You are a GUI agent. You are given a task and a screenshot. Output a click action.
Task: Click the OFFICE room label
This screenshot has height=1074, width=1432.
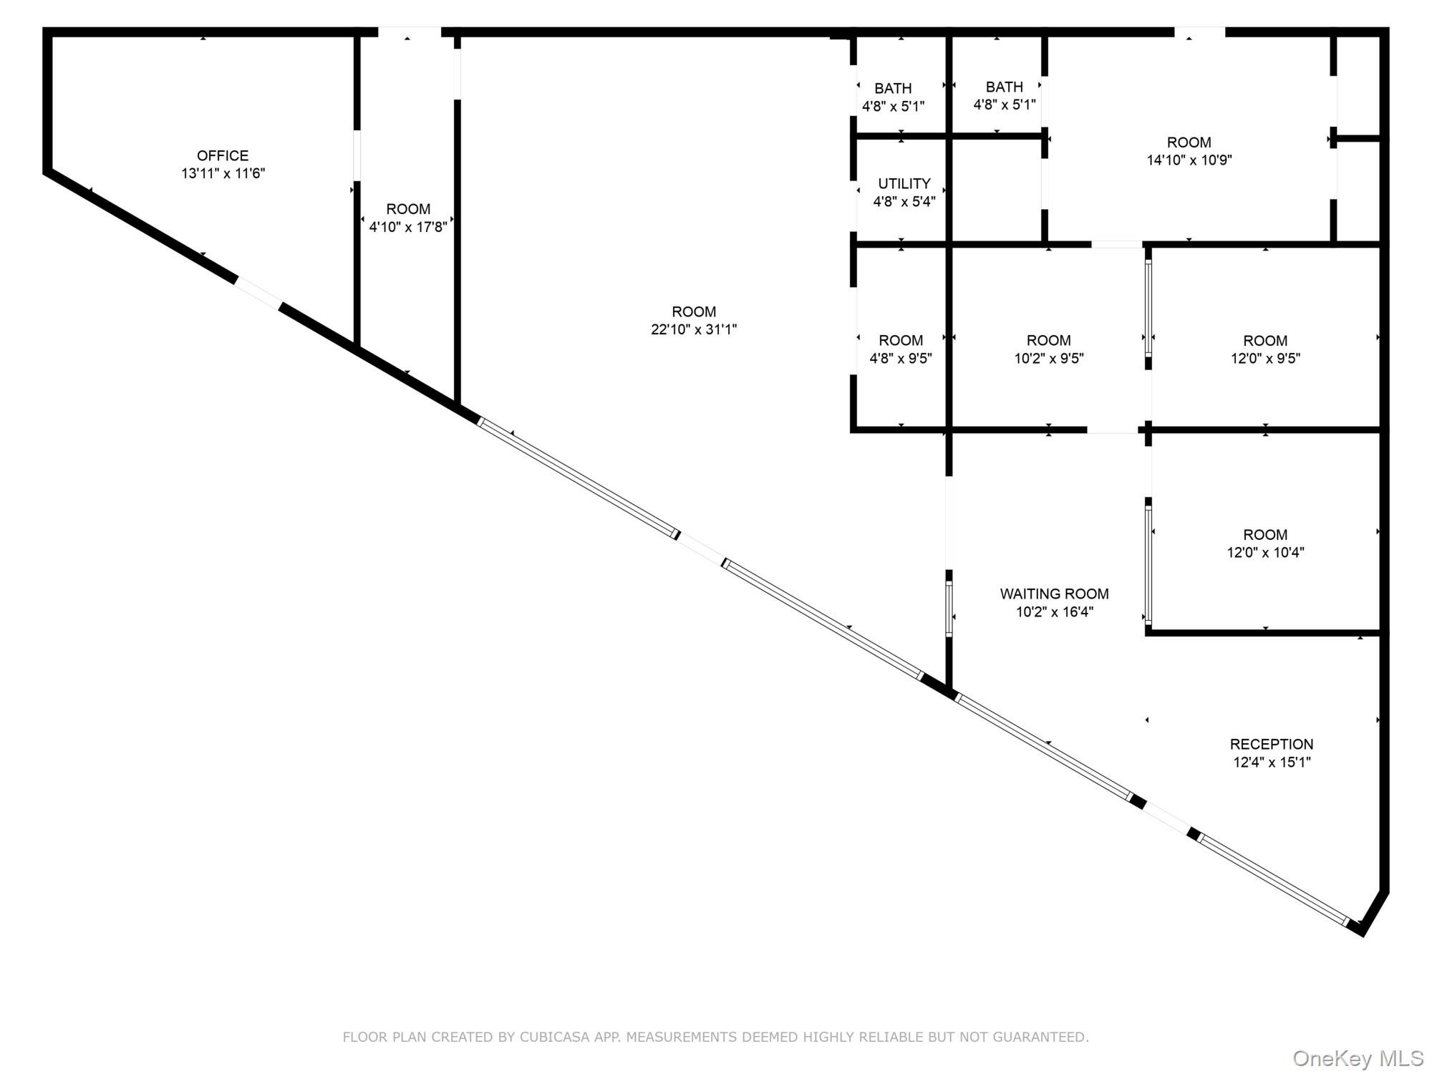coord(223,155)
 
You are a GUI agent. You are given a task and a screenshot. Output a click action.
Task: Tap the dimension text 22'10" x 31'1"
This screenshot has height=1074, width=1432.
coord(693,329)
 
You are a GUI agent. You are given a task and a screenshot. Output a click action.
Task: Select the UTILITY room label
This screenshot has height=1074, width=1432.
coord(904,183)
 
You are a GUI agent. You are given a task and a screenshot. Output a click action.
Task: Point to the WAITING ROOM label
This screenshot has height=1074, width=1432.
coord(1054,594)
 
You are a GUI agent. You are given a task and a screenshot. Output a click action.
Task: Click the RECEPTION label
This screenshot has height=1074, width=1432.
coord(1272,744)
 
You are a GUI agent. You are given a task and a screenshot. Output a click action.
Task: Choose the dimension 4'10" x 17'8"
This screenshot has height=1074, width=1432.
coord(408,227)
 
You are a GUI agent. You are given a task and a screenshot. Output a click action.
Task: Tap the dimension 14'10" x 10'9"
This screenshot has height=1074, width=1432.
coord(1189,160)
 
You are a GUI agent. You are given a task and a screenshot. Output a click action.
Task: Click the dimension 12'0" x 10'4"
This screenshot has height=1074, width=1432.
coord(1265,553)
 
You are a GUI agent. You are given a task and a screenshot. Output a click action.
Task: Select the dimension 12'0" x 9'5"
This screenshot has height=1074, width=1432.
coord(1265,359)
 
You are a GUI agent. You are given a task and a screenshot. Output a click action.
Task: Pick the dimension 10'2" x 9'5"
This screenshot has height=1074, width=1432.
coord(1049,359)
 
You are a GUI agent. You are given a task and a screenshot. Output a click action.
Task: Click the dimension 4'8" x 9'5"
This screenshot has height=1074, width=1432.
coord(901,359)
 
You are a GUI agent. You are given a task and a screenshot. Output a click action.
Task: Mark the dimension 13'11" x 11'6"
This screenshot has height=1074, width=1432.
coord(223,173)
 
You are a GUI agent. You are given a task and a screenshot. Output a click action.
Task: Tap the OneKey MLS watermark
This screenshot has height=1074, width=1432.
coord(1358,1058)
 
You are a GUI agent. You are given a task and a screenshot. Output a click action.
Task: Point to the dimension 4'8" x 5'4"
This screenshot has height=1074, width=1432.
coord(904,202)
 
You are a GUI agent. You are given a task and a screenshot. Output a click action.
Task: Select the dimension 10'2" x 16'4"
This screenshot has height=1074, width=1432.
coord(1054,612)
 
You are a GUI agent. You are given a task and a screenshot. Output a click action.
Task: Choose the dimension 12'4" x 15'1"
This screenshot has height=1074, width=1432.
coord(1272,763)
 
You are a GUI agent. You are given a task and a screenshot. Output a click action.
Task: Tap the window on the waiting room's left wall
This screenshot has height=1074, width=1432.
coord(949,609)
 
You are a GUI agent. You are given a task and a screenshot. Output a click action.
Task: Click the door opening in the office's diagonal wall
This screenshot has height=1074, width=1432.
coord(258,293)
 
